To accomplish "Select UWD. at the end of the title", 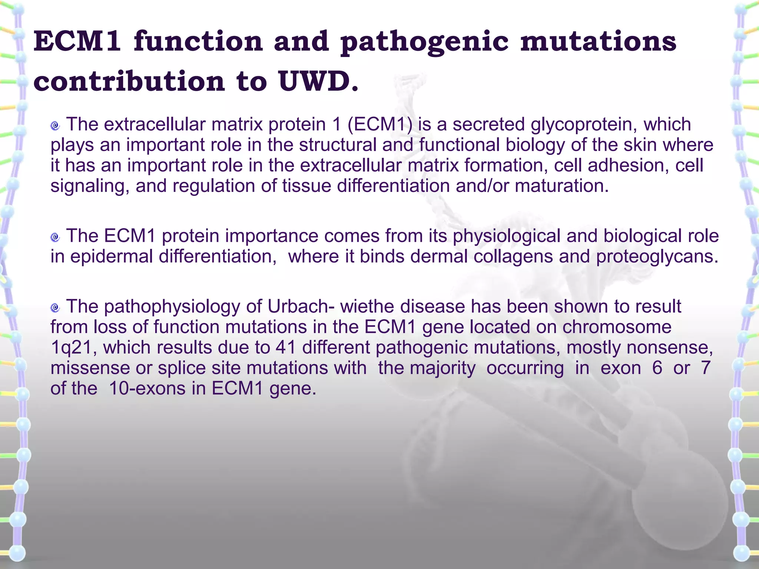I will click(319, 81).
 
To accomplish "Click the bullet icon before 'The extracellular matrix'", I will click(55, 126).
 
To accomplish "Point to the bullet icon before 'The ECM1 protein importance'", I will click(55, 237).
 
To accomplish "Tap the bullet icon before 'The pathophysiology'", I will click(55, 307).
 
